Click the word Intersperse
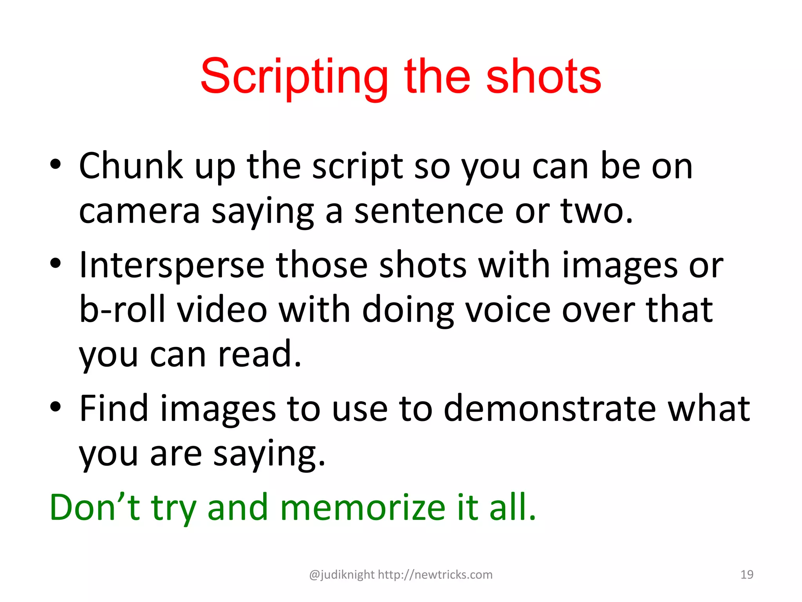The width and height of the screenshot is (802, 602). coord(172,265)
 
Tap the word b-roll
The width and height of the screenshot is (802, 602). coord(122,310)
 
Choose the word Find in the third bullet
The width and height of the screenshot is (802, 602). coord(114,408)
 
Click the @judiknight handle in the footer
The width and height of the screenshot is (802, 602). coord(342,575)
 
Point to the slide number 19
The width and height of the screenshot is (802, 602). coord(747,575)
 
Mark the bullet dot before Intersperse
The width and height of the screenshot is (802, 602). coord(56,263)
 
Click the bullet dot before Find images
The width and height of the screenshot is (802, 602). coord(56,406)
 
